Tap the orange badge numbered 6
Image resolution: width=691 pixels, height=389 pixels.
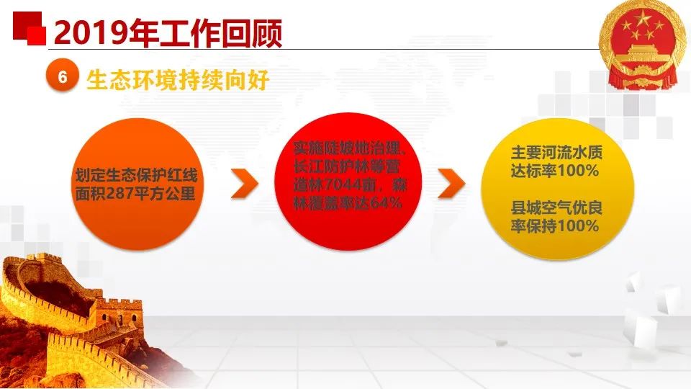click(62, 76)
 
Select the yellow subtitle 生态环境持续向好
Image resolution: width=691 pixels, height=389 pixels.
click(178, 80)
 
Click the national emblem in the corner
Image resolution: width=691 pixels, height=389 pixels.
click(643, 45)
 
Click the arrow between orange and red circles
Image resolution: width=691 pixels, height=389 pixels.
click(244, 183)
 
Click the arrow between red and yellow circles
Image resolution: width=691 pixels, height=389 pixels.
click(451, 183)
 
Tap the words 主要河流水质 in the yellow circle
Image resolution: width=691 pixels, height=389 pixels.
click(556, 153)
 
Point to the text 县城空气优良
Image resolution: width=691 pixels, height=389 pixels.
click(556, 207)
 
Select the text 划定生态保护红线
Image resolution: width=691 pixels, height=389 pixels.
click(136, 176)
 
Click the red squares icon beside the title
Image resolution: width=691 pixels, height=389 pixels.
click(30, 28)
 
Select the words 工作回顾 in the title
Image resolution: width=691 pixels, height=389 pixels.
click(220, 33)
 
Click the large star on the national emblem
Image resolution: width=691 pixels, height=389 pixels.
click(643, 19)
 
